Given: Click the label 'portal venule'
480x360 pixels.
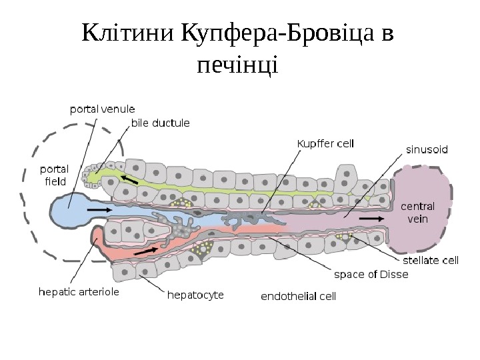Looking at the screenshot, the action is (103, 109).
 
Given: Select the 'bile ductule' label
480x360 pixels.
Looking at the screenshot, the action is (160, 123).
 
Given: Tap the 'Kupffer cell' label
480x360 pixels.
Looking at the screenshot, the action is (325, 143).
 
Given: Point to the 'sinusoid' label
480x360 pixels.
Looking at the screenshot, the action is (427, 150).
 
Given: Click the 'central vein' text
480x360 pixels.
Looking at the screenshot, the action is (417, 211).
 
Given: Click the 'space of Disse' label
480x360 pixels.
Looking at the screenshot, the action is (371, 274).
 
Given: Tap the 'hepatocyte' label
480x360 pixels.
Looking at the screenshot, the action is (195, 293).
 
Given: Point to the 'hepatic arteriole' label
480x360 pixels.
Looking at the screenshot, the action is (79, 291).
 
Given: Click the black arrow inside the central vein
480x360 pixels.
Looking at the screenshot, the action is (371, 218).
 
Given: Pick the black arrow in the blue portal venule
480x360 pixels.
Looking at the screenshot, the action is (100, 209).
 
